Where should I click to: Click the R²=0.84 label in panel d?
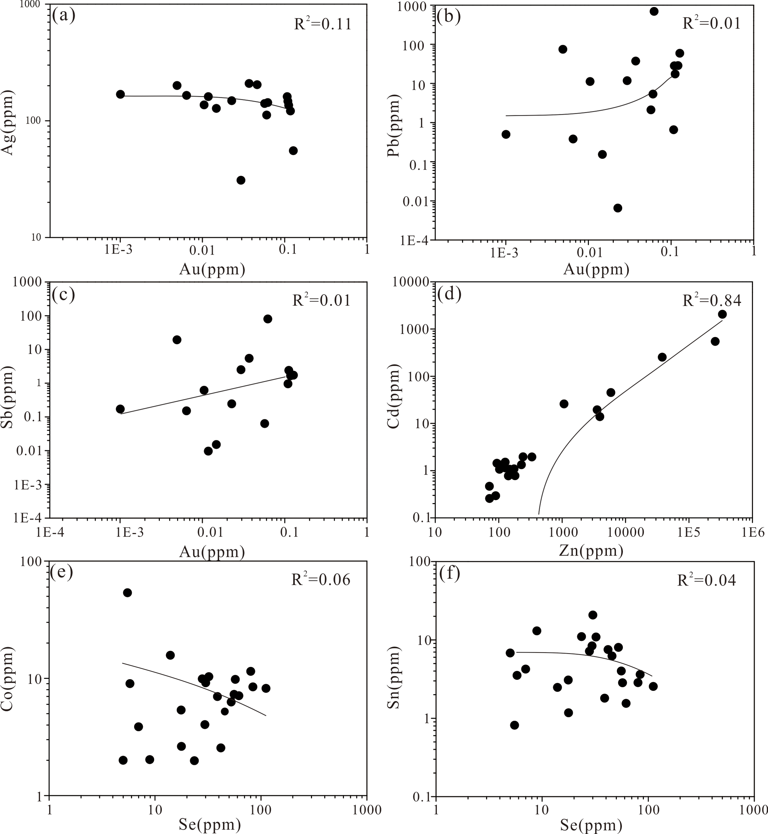[x=712, y=301]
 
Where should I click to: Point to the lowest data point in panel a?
[x=241, y=180]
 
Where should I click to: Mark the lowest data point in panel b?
[x=618, y=208]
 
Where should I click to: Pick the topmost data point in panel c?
[x=268, y=319]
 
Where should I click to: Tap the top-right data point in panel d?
[x=722, y=314]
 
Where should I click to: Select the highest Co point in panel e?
[x=127, y=592]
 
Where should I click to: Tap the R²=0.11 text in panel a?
[x=323, y=24]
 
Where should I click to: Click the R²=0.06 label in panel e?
[x=320, y=580]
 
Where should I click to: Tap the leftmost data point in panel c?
[x=120, y=409]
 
